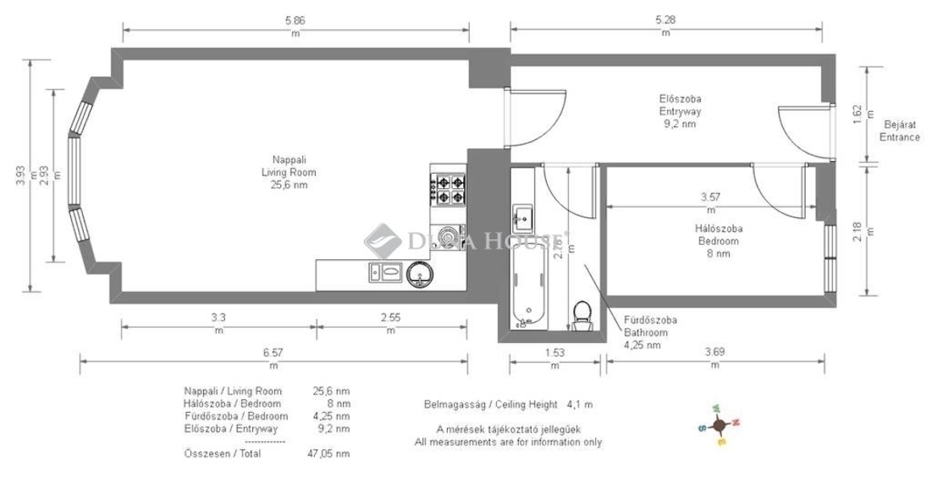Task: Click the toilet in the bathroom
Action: pyautogui.click(x=582, y=316)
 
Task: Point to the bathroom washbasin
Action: pyautogui.click(x=523, y=218)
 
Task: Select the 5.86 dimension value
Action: pyautogui.click(x=295, y=20)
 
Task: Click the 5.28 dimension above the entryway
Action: pyautogui.click(x=665, y=20)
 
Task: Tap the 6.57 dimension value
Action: pyautogui.click(x=273, y=353)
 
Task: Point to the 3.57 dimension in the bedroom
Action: pyautogui.click(x=711, y=197)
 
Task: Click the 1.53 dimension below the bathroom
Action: pyautogui.click(x=554, y=353)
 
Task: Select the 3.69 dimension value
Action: pyautogui.click(x=715, y=353)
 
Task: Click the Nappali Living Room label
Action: pyautogui.click(x=289, y=172)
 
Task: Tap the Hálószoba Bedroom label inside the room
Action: pyautogui.click(x=719, y=242)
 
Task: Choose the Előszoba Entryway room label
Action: pyautogui.click(x=680, y=111)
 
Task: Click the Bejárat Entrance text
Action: pyautogui.click(x=899, y=131)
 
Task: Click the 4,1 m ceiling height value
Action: pyautogui.click(x=579, y=405)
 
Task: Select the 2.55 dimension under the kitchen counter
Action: pyautogui.click(x=391, y=318)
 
